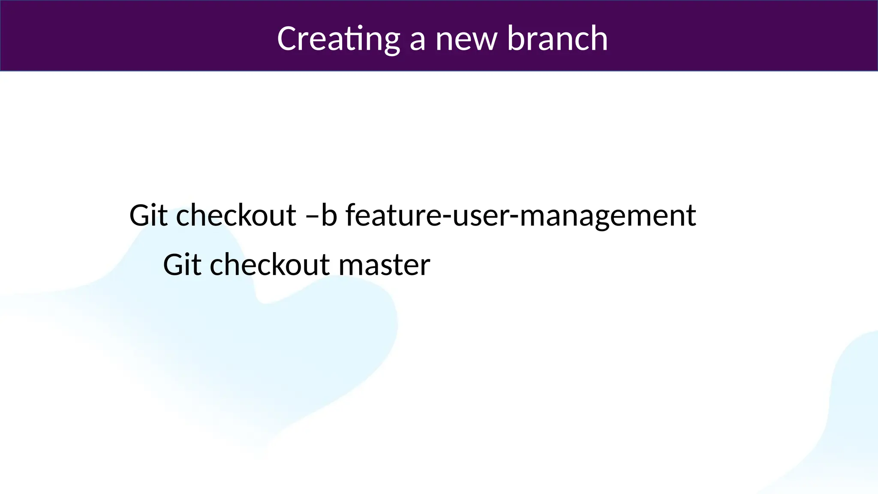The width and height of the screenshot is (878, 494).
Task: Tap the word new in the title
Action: [x=466, y=39]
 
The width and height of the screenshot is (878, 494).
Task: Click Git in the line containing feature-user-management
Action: [x=149, y=215]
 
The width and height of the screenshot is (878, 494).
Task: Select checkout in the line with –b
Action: [x=236, y=215]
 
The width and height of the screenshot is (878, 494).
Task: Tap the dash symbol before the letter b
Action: [x=312, y=217]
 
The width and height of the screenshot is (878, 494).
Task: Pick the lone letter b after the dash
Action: [x=329, y=215]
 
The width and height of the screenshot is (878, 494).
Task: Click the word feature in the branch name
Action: [x=393, y=215]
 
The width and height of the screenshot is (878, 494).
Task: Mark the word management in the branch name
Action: [x=607, y=217]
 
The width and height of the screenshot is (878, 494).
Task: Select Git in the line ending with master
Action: [x=183, y=265]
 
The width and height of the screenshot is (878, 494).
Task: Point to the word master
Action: [x=384, y=266]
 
